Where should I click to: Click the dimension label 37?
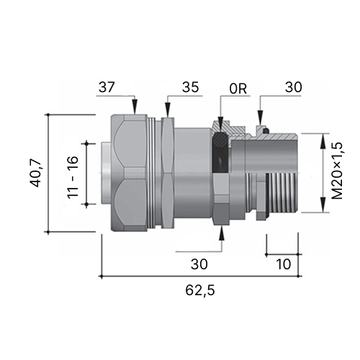(107, 87)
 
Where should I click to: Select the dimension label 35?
(190, 87)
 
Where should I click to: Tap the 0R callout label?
(238, 89)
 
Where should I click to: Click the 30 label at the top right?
(293, 87)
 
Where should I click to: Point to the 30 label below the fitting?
(199, 264)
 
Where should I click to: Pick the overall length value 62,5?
(200, 291)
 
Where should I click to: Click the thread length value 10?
(284, 264)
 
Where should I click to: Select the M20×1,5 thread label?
(337, 171)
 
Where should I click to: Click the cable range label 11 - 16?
(73, 177)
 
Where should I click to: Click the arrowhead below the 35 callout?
(168, 110)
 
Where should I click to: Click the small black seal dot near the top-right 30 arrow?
(266, 131)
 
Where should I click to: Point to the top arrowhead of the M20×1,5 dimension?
(323, 141)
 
